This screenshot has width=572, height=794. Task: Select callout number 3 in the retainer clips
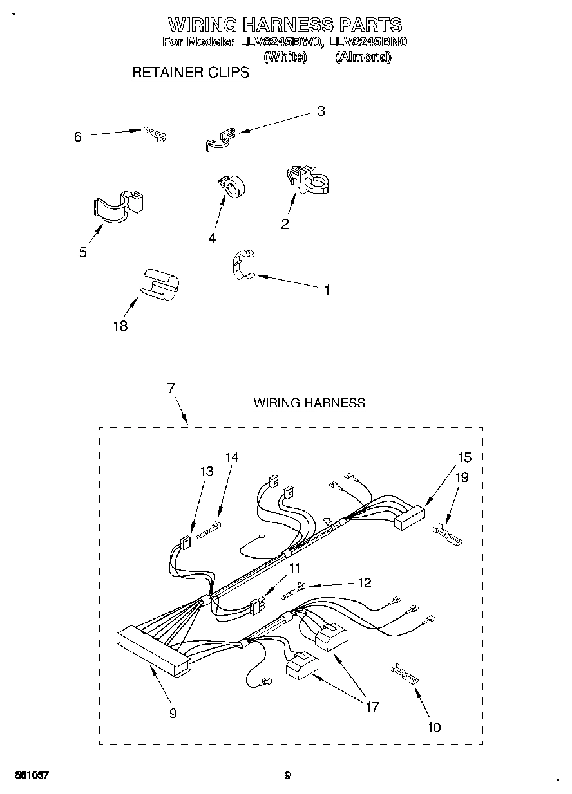321,111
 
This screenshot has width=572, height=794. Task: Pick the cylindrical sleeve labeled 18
159,284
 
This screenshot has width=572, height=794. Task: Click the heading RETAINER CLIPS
190,72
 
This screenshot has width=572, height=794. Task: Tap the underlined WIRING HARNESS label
309,403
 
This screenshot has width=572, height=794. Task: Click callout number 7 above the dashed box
171,388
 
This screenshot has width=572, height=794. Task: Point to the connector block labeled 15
408,517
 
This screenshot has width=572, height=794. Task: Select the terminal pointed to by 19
448,534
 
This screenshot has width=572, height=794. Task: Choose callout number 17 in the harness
372,706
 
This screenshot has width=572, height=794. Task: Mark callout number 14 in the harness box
231,457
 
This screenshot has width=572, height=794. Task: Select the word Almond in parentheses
363,57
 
